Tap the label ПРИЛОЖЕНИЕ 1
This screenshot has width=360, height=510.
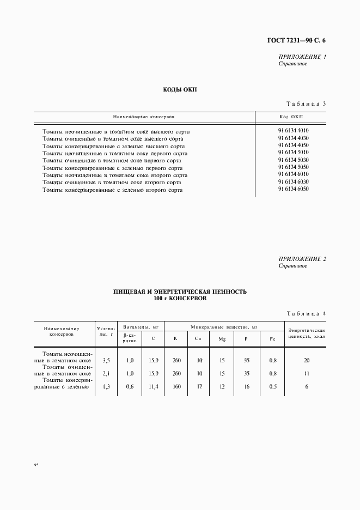[302, 57]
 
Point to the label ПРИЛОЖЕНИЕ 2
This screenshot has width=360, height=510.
[302, 259]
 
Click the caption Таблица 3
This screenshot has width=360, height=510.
[306, 104]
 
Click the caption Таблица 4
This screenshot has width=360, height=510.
[306, 313]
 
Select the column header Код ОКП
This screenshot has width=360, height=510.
[291, 117]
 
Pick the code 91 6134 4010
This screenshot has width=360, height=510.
[293, 131]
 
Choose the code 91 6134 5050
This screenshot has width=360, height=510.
[293, 167]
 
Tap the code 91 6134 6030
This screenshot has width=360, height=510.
[293, 181]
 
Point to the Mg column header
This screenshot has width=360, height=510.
[222, 339]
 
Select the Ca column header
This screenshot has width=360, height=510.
[199, 339]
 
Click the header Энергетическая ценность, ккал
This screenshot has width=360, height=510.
[307, 334]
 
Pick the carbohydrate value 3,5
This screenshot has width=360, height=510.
[106, 360]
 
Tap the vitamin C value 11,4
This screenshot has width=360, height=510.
[153, 386]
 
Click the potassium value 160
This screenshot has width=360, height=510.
[176, 386]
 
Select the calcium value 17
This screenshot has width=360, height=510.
[199, 386]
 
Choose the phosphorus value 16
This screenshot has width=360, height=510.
[246, 386]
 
